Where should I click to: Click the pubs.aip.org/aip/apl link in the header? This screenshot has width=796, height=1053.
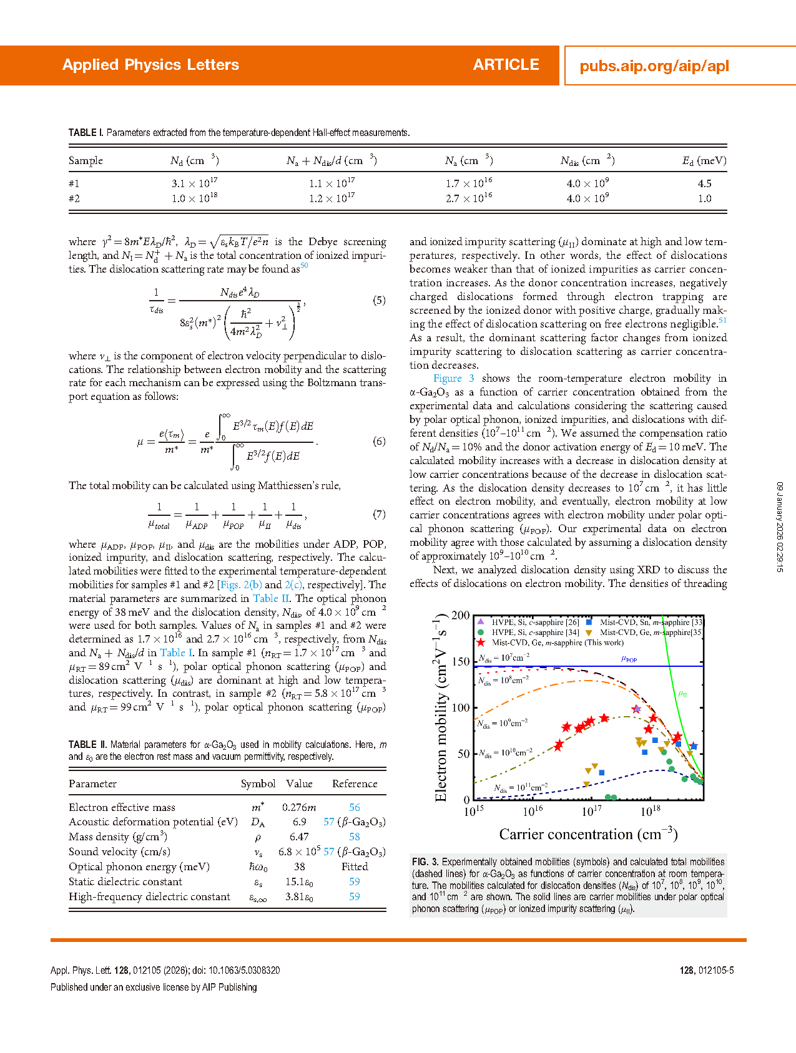(654, 66)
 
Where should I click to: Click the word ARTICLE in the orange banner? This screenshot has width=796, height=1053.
(506, 65)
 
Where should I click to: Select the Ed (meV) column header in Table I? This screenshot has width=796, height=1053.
(704, 161)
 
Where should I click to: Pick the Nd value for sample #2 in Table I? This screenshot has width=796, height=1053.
(194, 198)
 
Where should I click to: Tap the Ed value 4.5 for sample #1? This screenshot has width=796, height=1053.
(704, 183)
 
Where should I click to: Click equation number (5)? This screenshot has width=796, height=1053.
(379, 300)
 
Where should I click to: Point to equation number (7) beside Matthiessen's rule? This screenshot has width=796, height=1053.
(379, 514)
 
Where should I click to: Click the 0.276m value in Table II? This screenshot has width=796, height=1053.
(299, 807)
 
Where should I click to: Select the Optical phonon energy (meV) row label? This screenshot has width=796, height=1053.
(139, 866)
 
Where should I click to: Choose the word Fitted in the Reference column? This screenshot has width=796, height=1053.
(355, 866)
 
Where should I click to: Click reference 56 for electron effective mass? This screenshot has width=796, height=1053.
(355, 807)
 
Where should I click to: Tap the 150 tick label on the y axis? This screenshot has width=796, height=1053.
(461, 661)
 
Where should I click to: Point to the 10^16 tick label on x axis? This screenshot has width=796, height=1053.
(533, 811)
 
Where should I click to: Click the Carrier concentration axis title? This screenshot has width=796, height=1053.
(588, 834)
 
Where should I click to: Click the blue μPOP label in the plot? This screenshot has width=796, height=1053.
(629, 659)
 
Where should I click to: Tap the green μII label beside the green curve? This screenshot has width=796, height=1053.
(683, 693)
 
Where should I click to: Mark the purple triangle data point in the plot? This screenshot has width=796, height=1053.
(636, 709)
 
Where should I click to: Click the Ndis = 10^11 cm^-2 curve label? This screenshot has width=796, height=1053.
(521, 787)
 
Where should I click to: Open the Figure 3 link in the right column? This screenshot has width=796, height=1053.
(453, 378)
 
